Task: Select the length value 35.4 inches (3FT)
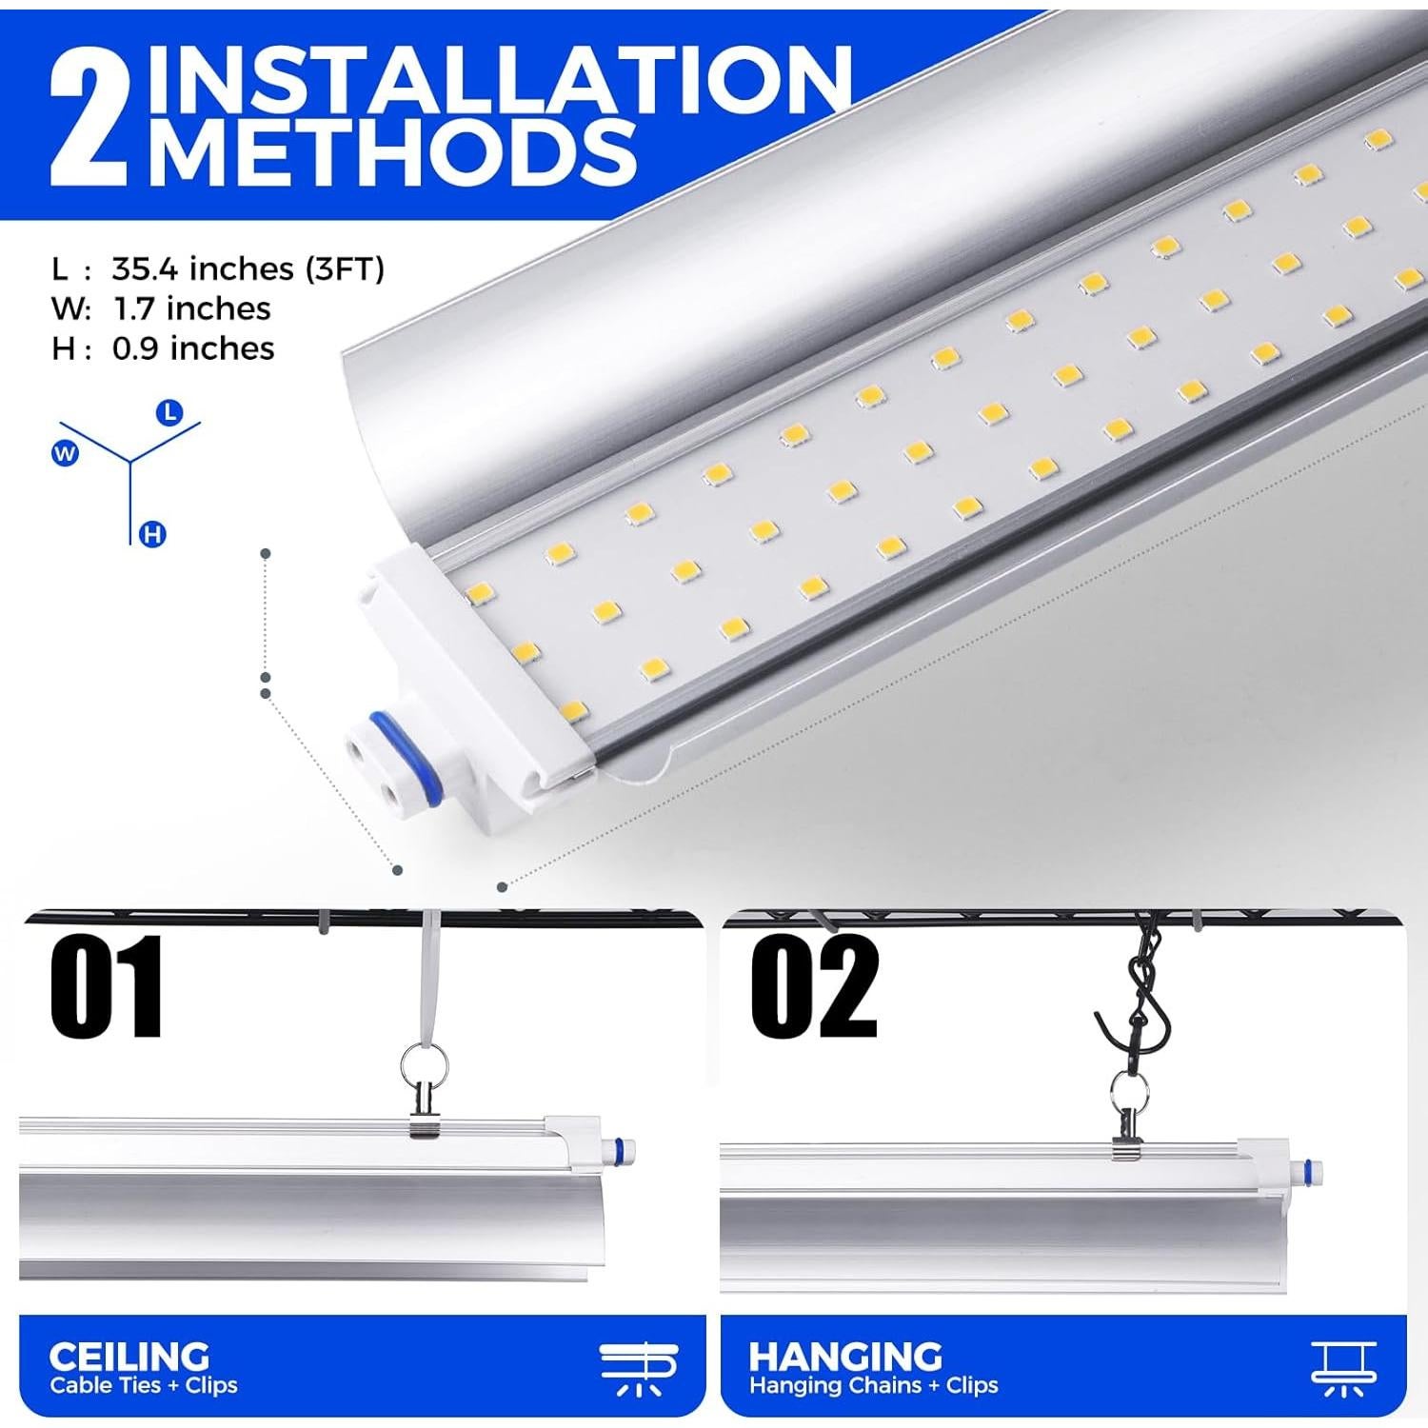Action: [248, 268]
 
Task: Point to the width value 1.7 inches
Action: [191, 308]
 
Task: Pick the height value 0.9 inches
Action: [193, 348]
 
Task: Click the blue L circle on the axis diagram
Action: [169, 412]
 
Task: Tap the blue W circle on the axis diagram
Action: [65, 454]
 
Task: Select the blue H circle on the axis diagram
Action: [152, 535]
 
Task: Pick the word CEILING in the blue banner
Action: [129, 1356]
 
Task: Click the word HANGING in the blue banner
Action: [844, 1356]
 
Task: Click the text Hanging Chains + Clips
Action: [873, 1385]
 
